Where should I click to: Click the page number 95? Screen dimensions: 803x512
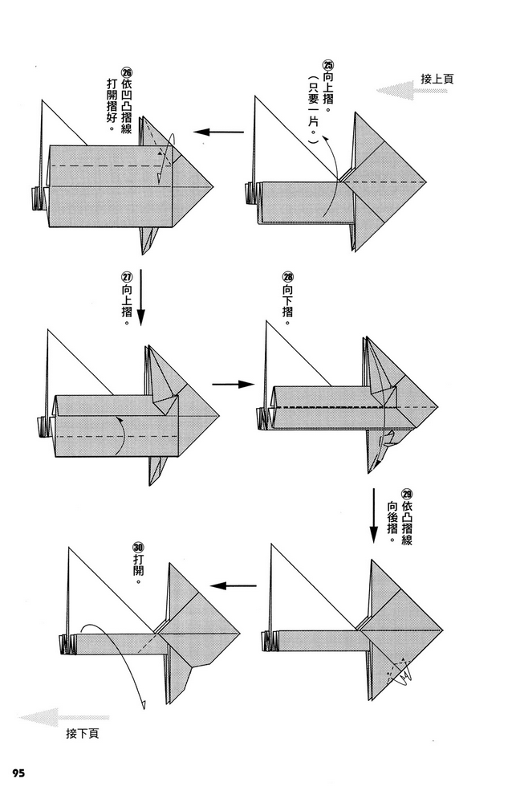(18, 772)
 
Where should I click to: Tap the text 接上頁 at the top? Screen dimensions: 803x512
(437, 79)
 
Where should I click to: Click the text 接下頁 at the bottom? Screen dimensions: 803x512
(83, 733)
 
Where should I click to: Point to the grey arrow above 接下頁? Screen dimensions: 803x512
(65, 717)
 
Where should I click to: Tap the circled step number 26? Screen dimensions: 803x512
(125, 69)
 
